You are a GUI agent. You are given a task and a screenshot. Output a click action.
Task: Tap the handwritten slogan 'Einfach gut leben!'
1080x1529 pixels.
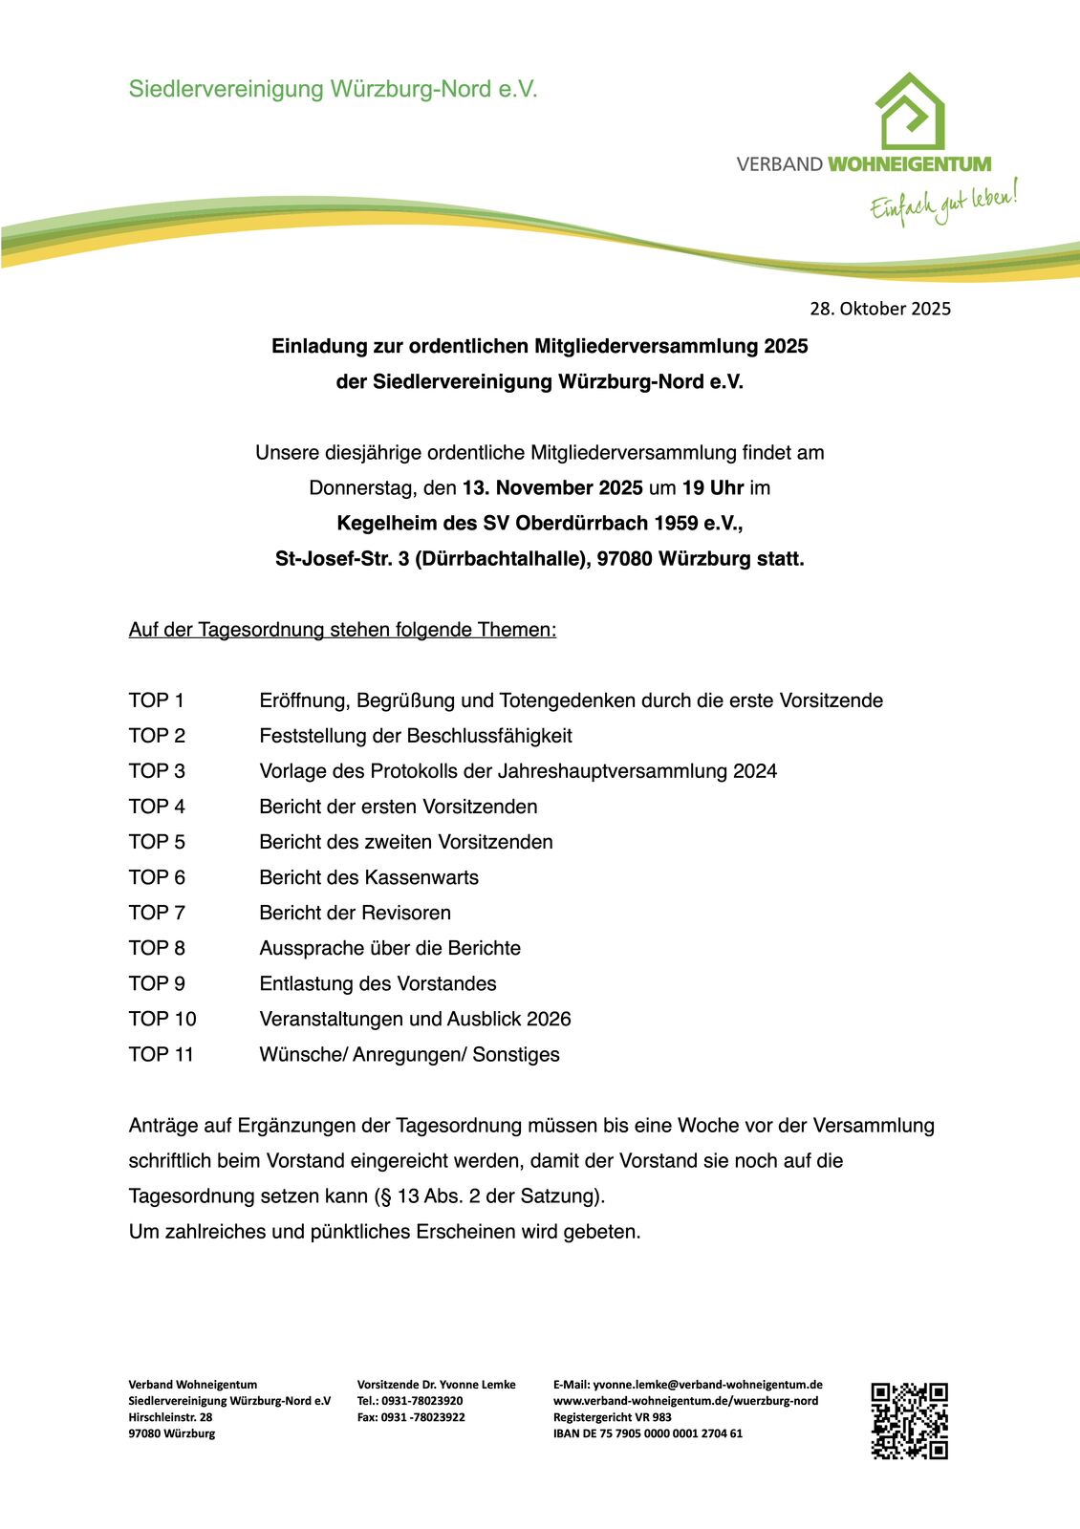[x=942, y=202]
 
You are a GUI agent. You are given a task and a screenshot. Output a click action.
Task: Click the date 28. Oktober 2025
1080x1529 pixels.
[x=880, y=309]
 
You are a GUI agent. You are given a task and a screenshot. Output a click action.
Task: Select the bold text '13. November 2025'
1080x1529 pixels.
[x=552, y=488]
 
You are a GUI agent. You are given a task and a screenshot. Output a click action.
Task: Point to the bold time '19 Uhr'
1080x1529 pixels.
[x=712, y=488]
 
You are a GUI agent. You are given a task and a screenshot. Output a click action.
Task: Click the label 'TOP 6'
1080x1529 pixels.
[x=157, y=877]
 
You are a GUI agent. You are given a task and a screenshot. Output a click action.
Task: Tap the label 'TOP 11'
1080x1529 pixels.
[x=162, y=1054]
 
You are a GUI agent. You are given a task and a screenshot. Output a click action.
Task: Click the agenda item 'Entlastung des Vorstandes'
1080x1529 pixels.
[x=378, y=983]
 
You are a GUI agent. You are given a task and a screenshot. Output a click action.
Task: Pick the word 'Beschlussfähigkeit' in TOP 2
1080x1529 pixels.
[x=489, y=736]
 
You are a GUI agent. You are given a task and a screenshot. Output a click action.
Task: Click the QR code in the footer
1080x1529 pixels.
[x=909, y=1420]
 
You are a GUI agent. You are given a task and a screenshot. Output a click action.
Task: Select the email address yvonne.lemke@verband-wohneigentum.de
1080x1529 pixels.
[x=707, y=1385]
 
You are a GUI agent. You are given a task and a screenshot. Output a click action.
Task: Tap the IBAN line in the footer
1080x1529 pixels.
[x=647, y=1433]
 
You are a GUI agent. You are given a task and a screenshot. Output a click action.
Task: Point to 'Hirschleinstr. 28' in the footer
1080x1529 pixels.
[x=170, y=1417]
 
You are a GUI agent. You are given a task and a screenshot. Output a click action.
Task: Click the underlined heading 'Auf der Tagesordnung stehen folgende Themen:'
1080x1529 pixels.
[x=342, y=630]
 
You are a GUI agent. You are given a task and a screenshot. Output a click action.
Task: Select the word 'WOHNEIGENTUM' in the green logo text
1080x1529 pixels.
[x=908, y=164]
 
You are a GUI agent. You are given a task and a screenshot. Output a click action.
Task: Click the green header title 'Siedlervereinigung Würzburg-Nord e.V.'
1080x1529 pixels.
[x=333, y=90]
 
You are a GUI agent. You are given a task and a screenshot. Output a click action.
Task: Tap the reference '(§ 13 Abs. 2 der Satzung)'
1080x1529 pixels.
[x=489, y=1196]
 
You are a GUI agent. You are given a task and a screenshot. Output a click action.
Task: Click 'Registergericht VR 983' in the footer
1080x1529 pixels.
[x=612, y=1417]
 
